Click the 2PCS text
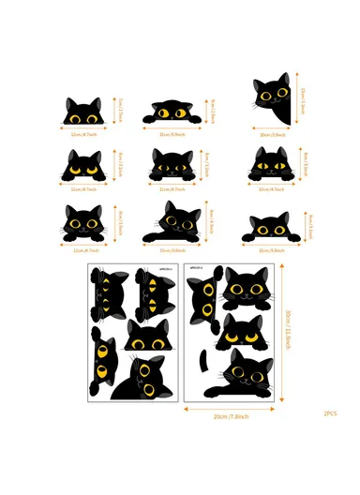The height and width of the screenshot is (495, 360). (x=331, y=413)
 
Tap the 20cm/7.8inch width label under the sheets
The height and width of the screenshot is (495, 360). (x=229, y=417)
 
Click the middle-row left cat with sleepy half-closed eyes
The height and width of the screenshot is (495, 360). (x=81, y=166)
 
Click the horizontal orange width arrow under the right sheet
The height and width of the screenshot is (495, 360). (x=229, y=409)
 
